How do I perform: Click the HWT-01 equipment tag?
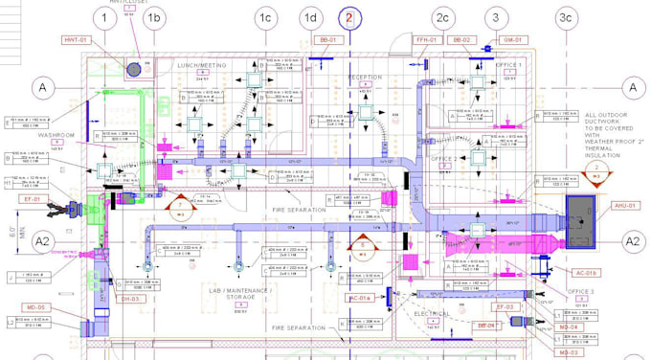(76, 40)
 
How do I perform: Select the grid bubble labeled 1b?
(154, 18)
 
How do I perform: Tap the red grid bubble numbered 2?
(349, 18)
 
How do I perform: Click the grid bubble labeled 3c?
(566, 18)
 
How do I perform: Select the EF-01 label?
(32, 199)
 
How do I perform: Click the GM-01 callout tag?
(513, 40)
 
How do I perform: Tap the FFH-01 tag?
(426, 40)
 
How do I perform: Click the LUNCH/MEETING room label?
(202, 65)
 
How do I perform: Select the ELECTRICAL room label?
(433, 314)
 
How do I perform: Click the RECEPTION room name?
(364, 77)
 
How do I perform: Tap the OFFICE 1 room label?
(508, 65)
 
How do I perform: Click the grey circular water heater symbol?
(135, 69)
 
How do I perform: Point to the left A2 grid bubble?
(42, 241)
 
